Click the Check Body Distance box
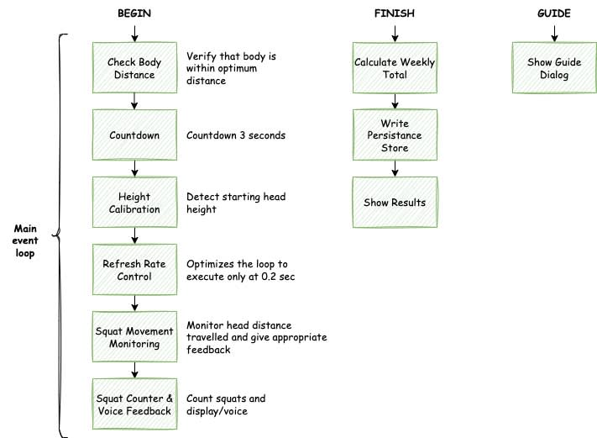(x=134, y=68)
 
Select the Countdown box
(x=134, y=135)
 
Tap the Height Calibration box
(x=134, y=203)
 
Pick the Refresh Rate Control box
(x=134, y=270)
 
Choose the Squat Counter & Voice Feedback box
(x=134, y=404)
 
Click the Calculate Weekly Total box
(x=393, y=68)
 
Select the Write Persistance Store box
(x=393, y=135)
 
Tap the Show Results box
(x=393, y=203)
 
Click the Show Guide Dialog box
(x=553, y=68)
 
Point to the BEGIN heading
(x=134, y=14)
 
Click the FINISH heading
(x=394, y=14)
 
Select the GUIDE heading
(x=553, y=14)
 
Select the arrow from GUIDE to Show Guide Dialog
(x=553, y=33)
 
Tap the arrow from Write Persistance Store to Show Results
(x=393, y=168)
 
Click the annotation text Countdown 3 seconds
(x=235, y=135)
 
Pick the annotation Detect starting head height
(x=236, y=203)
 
